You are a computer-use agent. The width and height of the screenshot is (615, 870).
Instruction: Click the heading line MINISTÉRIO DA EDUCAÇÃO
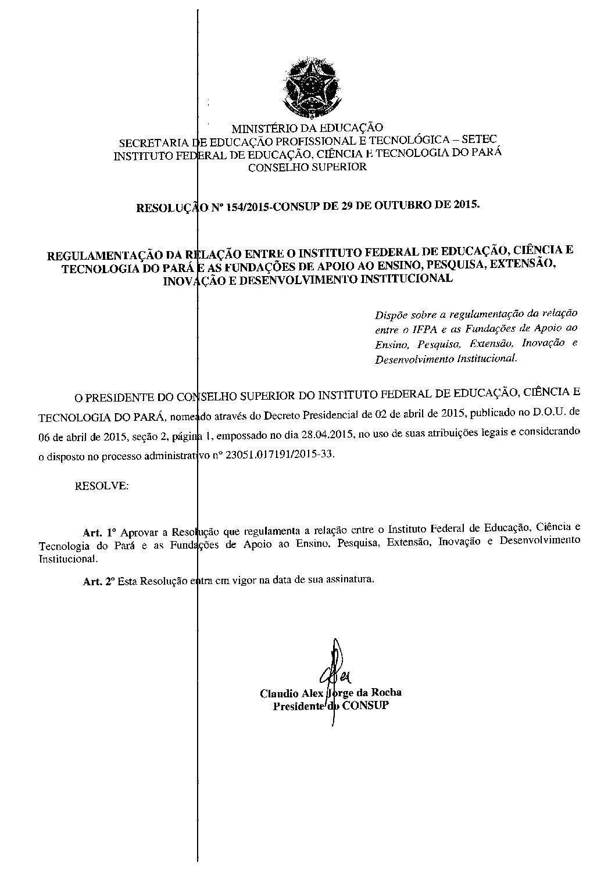click(x=307, y=128)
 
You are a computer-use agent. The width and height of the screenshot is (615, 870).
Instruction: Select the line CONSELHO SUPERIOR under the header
click(x=307, y=167)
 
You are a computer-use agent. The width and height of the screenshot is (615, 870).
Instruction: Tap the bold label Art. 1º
click(x=100, y=532)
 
